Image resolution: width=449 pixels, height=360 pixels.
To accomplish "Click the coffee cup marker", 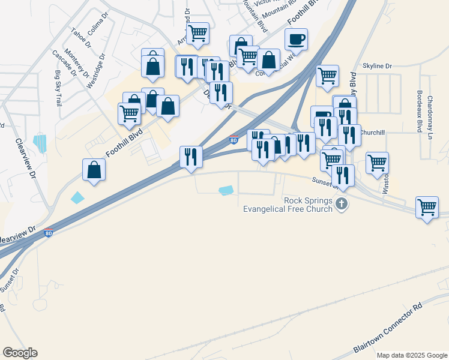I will click(x=296, y=40).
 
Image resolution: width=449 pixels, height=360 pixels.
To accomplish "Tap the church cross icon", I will click(x=342, y=204).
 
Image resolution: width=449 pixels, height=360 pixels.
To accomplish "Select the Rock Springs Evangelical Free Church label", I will click(x=288, y=205).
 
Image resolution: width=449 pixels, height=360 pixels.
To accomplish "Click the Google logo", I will click(x=20, y=353).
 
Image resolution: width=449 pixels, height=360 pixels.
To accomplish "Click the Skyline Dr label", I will click(x=377, y=65).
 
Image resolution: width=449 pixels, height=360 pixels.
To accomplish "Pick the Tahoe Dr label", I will click(x=81, y=38).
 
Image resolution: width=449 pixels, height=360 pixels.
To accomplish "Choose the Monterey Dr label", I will click(x=77, y=62).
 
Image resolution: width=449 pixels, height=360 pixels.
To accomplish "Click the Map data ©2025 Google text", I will click(x=411, y=355).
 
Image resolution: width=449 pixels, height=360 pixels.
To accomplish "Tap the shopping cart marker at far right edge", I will click(x=427, y=208).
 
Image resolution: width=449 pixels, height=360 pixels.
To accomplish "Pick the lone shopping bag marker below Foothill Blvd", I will click(x=94, y=170).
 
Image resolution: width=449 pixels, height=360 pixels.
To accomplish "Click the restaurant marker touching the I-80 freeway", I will click(x=191, y=157).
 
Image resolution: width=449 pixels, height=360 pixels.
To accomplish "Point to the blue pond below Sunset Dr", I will click(x=226, y=191).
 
